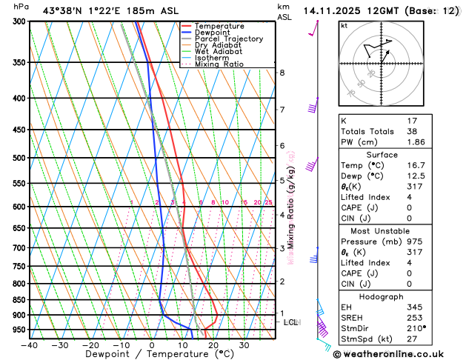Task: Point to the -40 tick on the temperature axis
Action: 30,344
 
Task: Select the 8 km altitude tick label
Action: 282,73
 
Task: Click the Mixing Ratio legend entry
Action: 219,64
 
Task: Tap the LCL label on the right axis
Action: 291,322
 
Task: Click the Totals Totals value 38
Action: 413,131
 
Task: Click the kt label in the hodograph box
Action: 344,26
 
